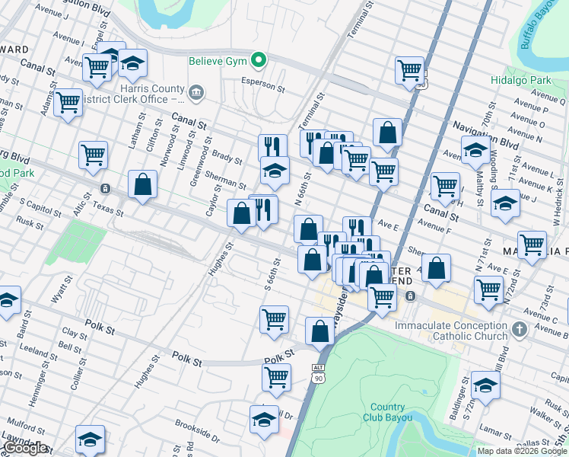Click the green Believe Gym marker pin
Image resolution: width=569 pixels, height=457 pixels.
[259, 59]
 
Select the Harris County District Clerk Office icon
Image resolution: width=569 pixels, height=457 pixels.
[196, 93]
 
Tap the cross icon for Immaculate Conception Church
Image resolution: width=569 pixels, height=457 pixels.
[520, 330]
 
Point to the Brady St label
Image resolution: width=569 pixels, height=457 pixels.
[226, 158]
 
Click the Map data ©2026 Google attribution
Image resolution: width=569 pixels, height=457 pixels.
[522, 451]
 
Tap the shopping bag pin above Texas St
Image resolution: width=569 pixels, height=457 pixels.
[142, 184]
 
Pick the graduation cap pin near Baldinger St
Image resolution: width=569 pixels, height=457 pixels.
[485, 385]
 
